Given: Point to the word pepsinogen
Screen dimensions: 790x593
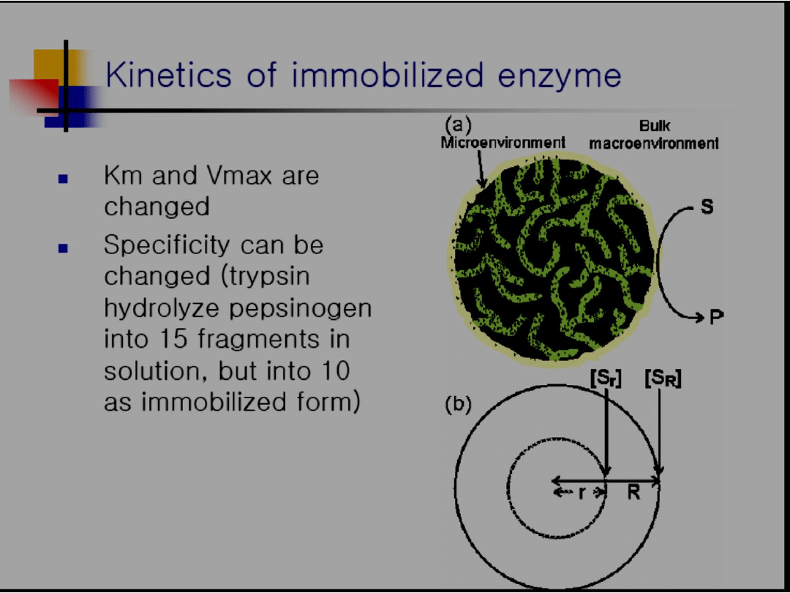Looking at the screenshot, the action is click(x=301, y=309).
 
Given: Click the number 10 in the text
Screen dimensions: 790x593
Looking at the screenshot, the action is click(x=334, y=370).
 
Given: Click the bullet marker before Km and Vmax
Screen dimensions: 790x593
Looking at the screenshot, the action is click(x=63, y=179).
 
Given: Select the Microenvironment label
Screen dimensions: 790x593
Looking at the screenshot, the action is click(x=503, y=143).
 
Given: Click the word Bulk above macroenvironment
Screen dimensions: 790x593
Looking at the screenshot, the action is click(x=655, y=126).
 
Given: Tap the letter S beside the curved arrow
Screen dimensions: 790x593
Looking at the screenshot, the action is click(x=707, y=206).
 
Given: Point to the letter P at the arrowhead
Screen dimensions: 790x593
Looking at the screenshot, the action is click(x=716, y=317).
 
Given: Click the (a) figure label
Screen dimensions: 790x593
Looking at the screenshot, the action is click(x=457, y=124).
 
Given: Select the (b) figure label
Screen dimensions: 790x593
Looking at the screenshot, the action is click(x=457, y=405).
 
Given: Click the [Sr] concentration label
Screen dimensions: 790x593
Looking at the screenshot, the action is click(x=606, y=378).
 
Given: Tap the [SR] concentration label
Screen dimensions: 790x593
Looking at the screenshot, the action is click(x=663, y=378).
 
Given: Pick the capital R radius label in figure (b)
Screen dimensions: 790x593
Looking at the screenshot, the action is click(x=633, y=492).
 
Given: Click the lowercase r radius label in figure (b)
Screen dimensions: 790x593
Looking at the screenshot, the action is click(x=582, y=493).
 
